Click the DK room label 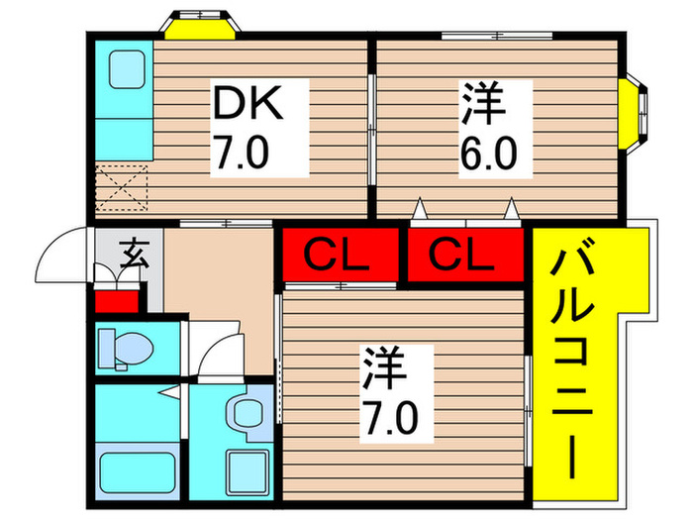(x=247, y=103)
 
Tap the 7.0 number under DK (x=242, y=152)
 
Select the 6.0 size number (x=488, y=154)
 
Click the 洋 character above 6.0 (x=483, y=103)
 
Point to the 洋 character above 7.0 (x=385, y=367)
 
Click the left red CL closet (x=337, y=255)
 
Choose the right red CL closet (x=465, y=255)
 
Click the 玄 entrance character (x=134, y=254)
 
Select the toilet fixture (x=125, y=350)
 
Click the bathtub (x=137, y=472)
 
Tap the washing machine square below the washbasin (x=247, y=471)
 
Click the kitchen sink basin (x=128, y=69)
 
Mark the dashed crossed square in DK (x=122, y=188)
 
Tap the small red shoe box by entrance (x=117, y=301)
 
